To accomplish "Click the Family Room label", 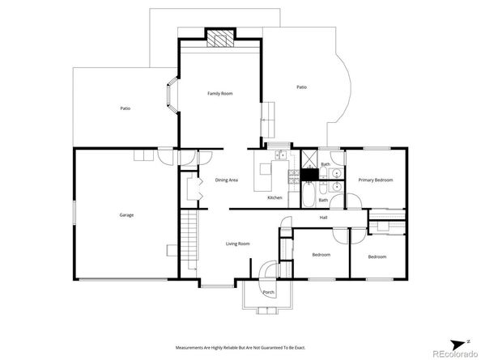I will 219,94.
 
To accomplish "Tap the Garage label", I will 126,214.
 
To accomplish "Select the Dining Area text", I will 226,180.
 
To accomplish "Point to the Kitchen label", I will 275,197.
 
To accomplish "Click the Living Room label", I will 236,243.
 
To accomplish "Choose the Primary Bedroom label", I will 376,180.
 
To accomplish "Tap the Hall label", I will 323,217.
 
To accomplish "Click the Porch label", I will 268,292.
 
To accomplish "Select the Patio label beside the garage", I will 126,108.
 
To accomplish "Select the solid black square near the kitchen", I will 309,174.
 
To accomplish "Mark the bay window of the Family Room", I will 172,95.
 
